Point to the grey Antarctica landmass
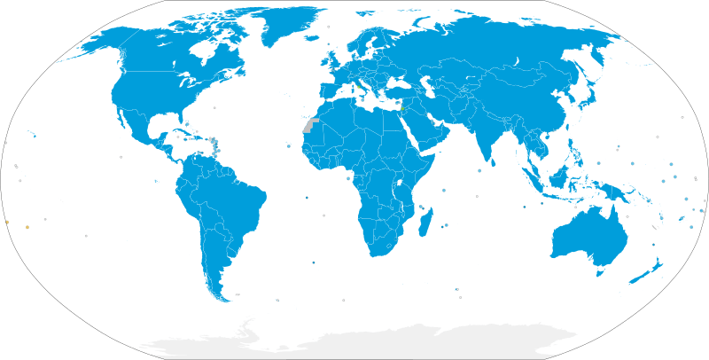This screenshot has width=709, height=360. pyautogui.click(x=354, y=341)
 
